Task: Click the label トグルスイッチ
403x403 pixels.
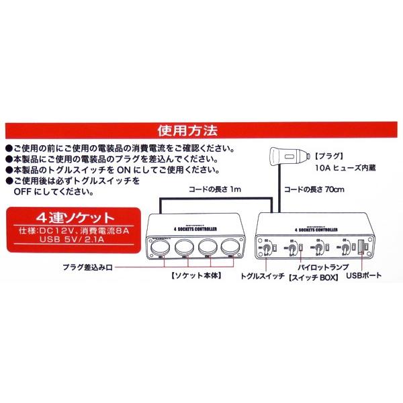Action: [x=263, y=275]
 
